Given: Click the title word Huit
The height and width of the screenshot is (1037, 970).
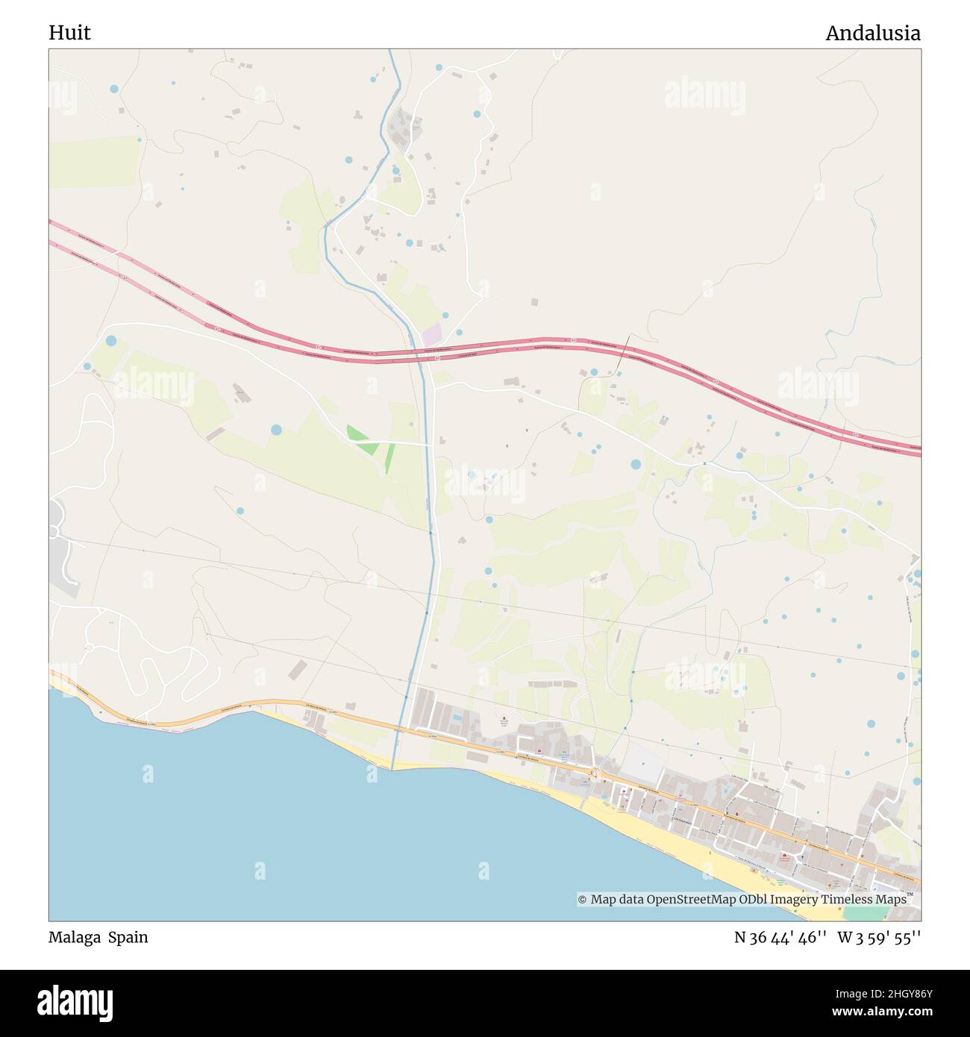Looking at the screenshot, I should (x=69, y=33).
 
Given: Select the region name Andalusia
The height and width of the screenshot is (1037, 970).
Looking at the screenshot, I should (x=872, y=33).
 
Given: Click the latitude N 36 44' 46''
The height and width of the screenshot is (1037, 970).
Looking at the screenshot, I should (x=780, y=937).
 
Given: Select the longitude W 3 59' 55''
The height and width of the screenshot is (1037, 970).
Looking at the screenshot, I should (x=879, y=937).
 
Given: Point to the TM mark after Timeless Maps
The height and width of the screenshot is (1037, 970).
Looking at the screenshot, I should (x=911, y=895).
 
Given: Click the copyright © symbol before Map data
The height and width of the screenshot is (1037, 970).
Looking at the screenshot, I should (x=583, y=900).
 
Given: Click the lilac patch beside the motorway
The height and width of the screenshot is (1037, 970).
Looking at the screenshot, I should (x=432, y=333).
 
